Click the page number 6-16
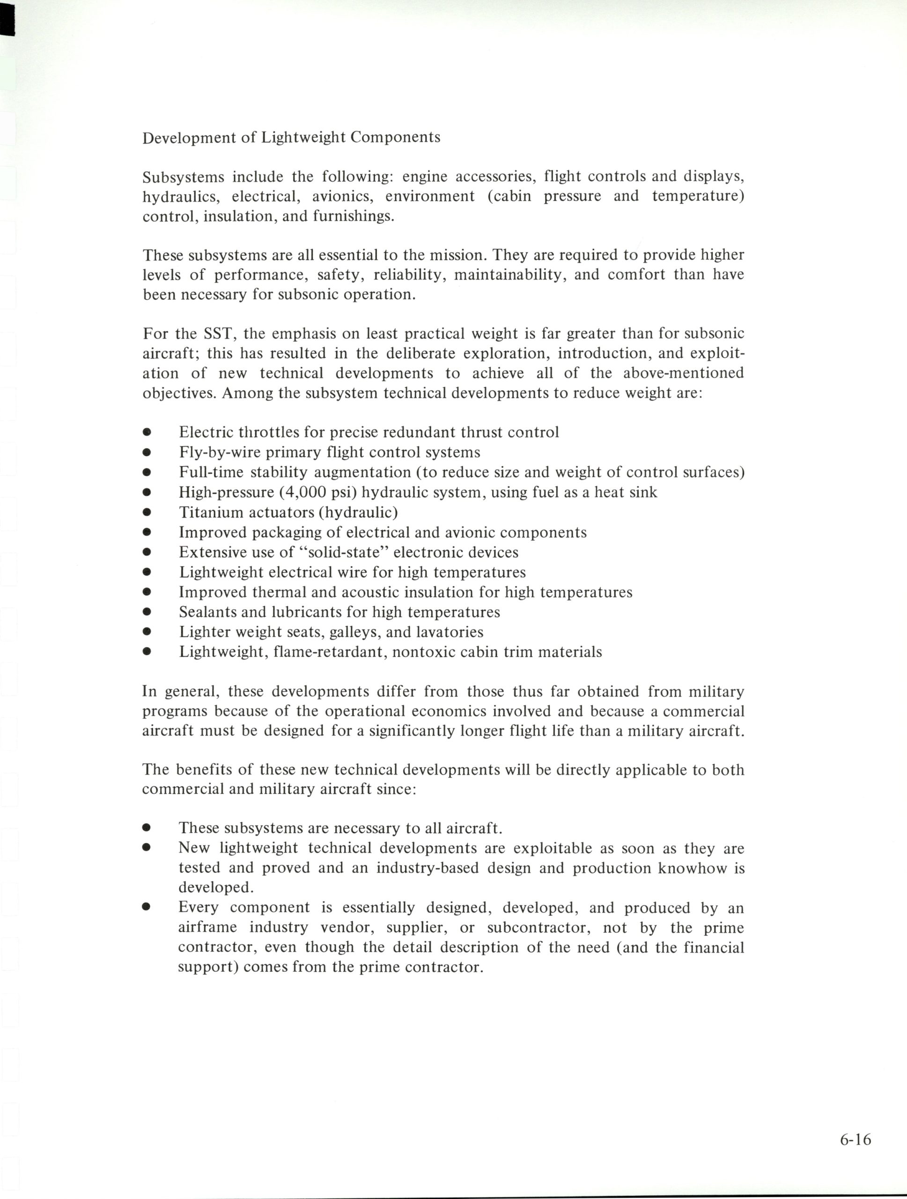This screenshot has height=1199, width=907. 855,1140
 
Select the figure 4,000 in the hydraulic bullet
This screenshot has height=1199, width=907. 306,492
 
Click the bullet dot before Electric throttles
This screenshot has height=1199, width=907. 146,433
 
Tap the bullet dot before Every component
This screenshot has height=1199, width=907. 146,906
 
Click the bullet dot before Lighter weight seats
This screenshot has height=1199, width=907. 146,632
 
